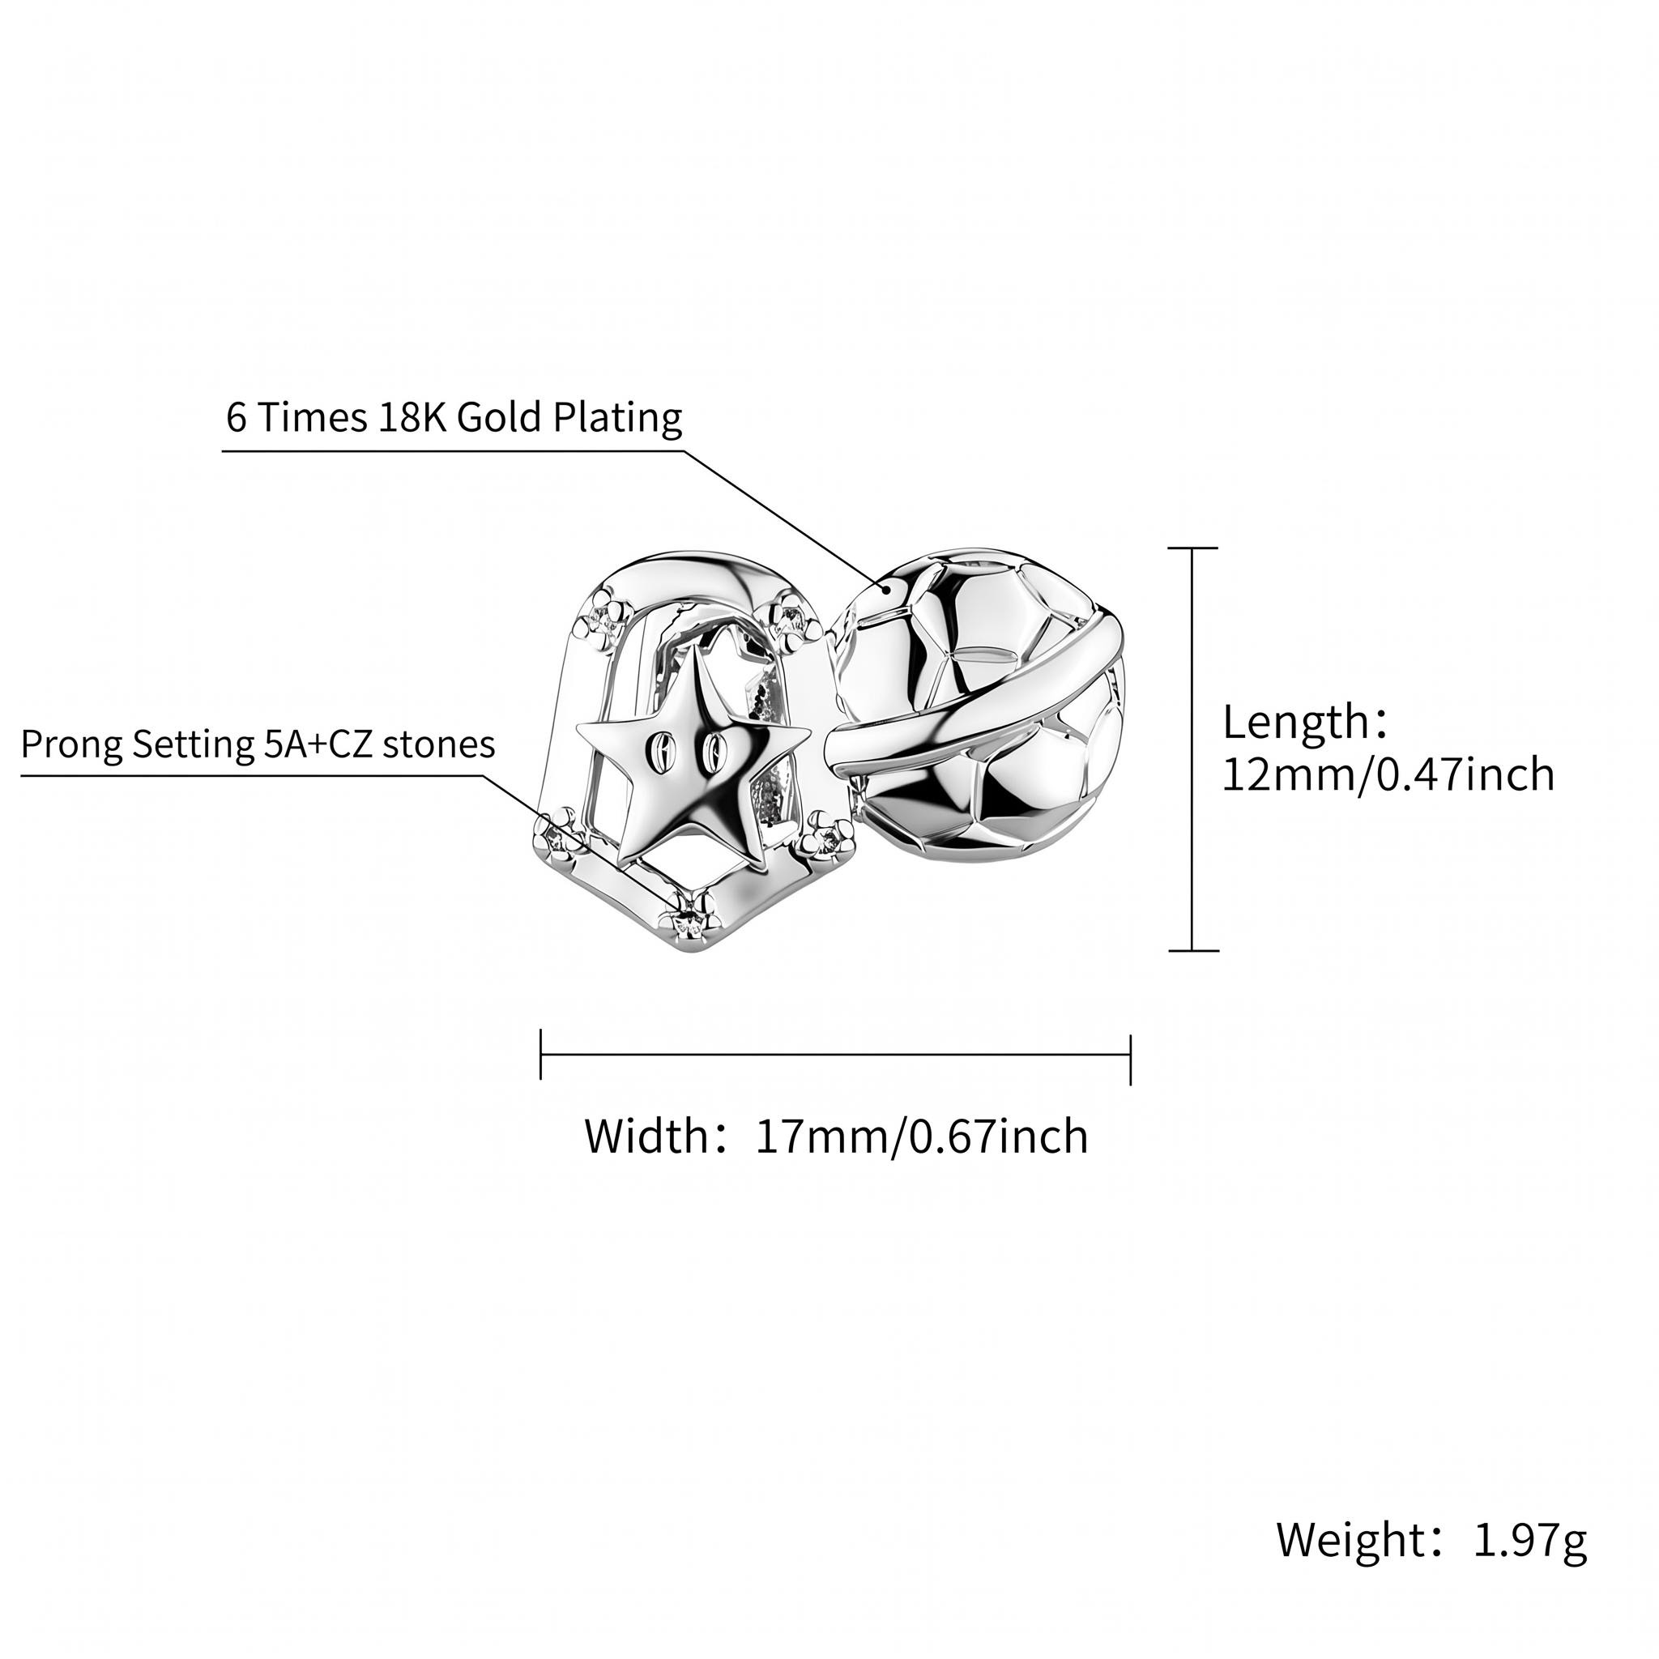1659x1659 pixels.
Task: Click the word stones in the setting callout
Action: [x=439, y=744]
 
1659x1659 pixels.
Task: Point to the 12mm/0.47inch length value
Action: [x=1388, y=774]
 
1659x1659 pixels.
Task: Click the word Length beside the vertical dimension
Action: [x=1297, y=722]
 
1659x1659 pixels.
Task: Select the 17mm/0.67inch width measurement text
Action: [x=921, y=1137]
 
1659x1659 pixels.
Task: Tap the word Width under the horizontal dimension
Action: [x=645, y=1137]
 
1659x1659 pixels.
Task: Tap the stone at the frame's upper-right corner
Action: [x=787, y=616]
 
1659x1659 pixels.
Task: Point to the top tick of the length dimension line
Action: [x=1192, y=547]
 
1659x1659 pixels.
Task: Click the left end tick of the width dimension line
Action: [x=541, y=1054]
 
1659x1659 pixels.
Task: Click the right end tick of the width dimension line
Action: [x=1130, y=1059]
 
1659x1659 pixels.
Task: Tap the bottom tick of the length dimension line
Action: [x=1192, y=950]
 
